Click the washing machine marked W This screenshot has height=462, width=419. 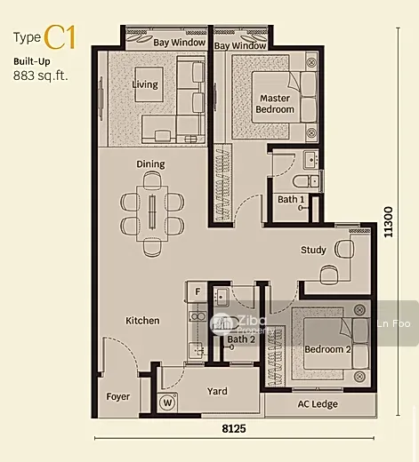pyautogui.click(x=167, y=402)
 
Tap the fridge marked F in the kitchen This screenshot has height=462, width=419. pyautogui.click(x=197, y=291)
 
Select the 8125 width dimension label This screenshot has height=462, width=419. pyautogui.click(x=234, y=428)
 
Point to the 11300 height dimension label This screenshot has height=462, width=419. pyautogui.click(x=388, y=222)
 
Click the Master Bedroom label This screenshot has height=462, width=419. pyautogui.click(x=275, y=104)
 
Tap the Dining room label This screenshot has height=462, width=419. pyautogui.click(x=150, y=164)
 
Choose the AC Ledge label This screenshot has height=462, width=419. pyautogui.click(x=318, y=404)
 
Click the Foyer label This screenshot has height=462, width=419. pyautogui.click(x=118, y=396)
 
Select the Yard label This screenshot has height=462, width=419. pyautogui.click(x=217, y=391)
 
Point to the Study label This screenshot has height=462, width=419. pyautogui.click(x=313, y=250)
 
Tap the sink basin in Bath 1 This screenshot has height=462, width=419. pyautogui.click(x=310, y=160)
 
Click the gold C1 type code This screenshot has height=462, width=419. pyautogui.click(x=60, y=37)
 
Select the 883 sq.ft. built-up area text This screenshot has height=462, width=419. pyautogui.click(x=41, y=76)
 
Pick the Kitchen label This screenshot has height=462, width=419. pyautogui.click(x=142, y=321)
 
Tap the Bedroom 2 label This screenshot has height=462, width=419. pyautogui.click(x=327, y=349)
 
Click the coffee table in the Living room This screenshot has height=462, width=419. pyautogui.click(x=149, y=84)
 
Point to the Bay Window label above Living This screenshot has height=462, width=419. pyautogui.click(x=180, y=43)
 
